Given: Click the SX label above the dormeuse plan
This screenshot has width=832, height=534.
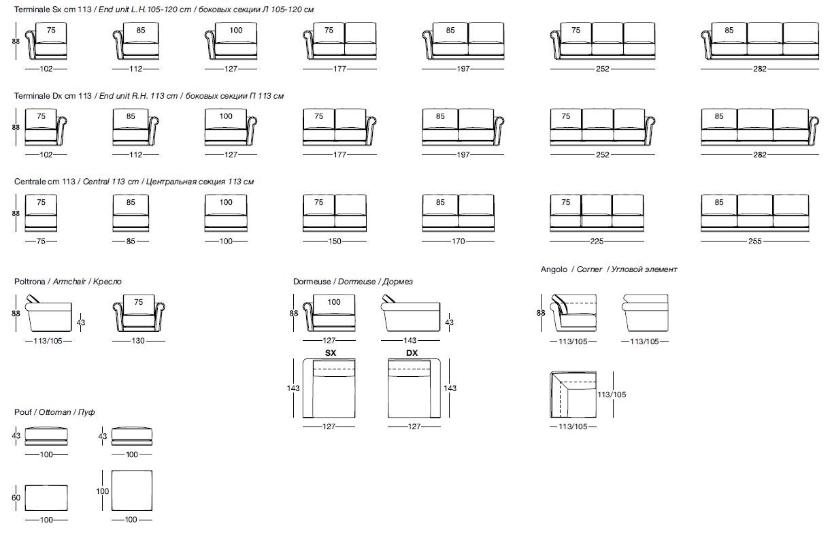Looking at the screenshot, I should pyautogui.click(x=331, y=352).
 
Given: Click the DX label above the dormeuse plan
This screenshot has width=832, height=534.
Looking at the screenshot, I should pyautogui.click(x=412, y=352).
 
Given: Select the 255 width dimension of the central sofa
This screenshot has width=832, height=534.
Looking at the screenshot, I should pyautogui.click(x=755, y=241).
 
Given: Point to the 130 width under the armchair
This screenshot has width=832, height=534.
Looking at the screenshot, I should pyautogui.click(x=138, y=341).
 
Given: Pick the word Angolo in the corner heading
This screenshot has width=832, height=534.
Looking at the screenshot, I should pyautogui.click(x=554, y=269).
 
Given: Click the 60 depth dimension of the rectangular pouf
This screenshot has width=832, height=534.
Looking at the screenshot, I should pyautogui.click(x=16, y=498).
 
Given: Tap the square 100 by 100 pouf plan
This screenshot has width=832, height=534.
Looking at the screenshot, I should pyautogui.click(x=132, y=489).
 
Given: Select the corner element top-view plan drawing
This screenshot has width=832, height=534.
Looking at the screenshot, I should pyautogui.click(x=573, y=395).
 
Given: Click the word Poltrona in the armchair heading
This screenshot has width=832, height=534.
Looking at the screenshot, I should pyautogui.click(x=31, y=282).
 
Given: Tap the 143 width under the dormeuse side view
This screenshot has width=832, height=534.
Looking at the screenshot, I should pyautogui.click(x=411, y=341).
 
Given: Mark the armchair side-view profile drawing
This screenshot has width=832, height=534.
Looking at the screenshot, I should pyautogui.click(x=48, y=314).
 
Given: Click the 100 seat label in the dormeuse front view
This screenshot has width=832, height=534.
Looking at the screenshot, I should pyautogui.click(x=334, y=302).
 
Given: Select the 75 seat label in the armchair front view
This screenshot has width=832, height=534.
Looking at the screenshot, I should pyautogui.click(x=139, y=302).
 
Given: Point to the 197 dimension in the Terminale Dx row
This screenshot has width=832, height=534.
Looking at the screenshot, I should pyautogui.click(x=463, y=155).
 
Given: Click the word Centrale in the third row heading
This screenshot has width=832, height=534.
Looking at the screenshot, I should pyautogui.click(x=29, y=182).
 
